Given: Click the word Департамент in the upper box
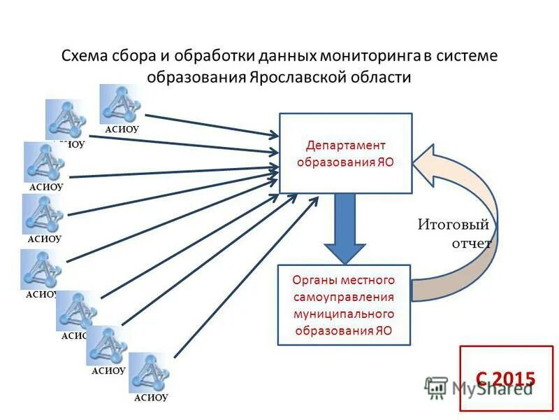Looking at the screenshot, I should [x=346, y=146].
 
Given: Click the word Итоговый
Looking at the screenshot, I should [x=453, y=225].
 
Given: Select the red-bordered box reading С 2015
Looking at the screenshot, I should [x=505, y=379].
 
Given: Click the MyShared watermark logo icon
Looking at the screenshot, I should [x=436, y=387].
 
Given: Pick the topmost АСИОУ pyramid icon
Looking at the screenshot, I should [x=121, y=104].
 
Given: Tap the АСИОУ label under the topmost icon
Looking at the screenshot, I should [x=122, y=129].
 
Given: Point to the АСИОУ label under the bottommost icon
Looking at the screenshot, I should [x=151, y=398].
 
